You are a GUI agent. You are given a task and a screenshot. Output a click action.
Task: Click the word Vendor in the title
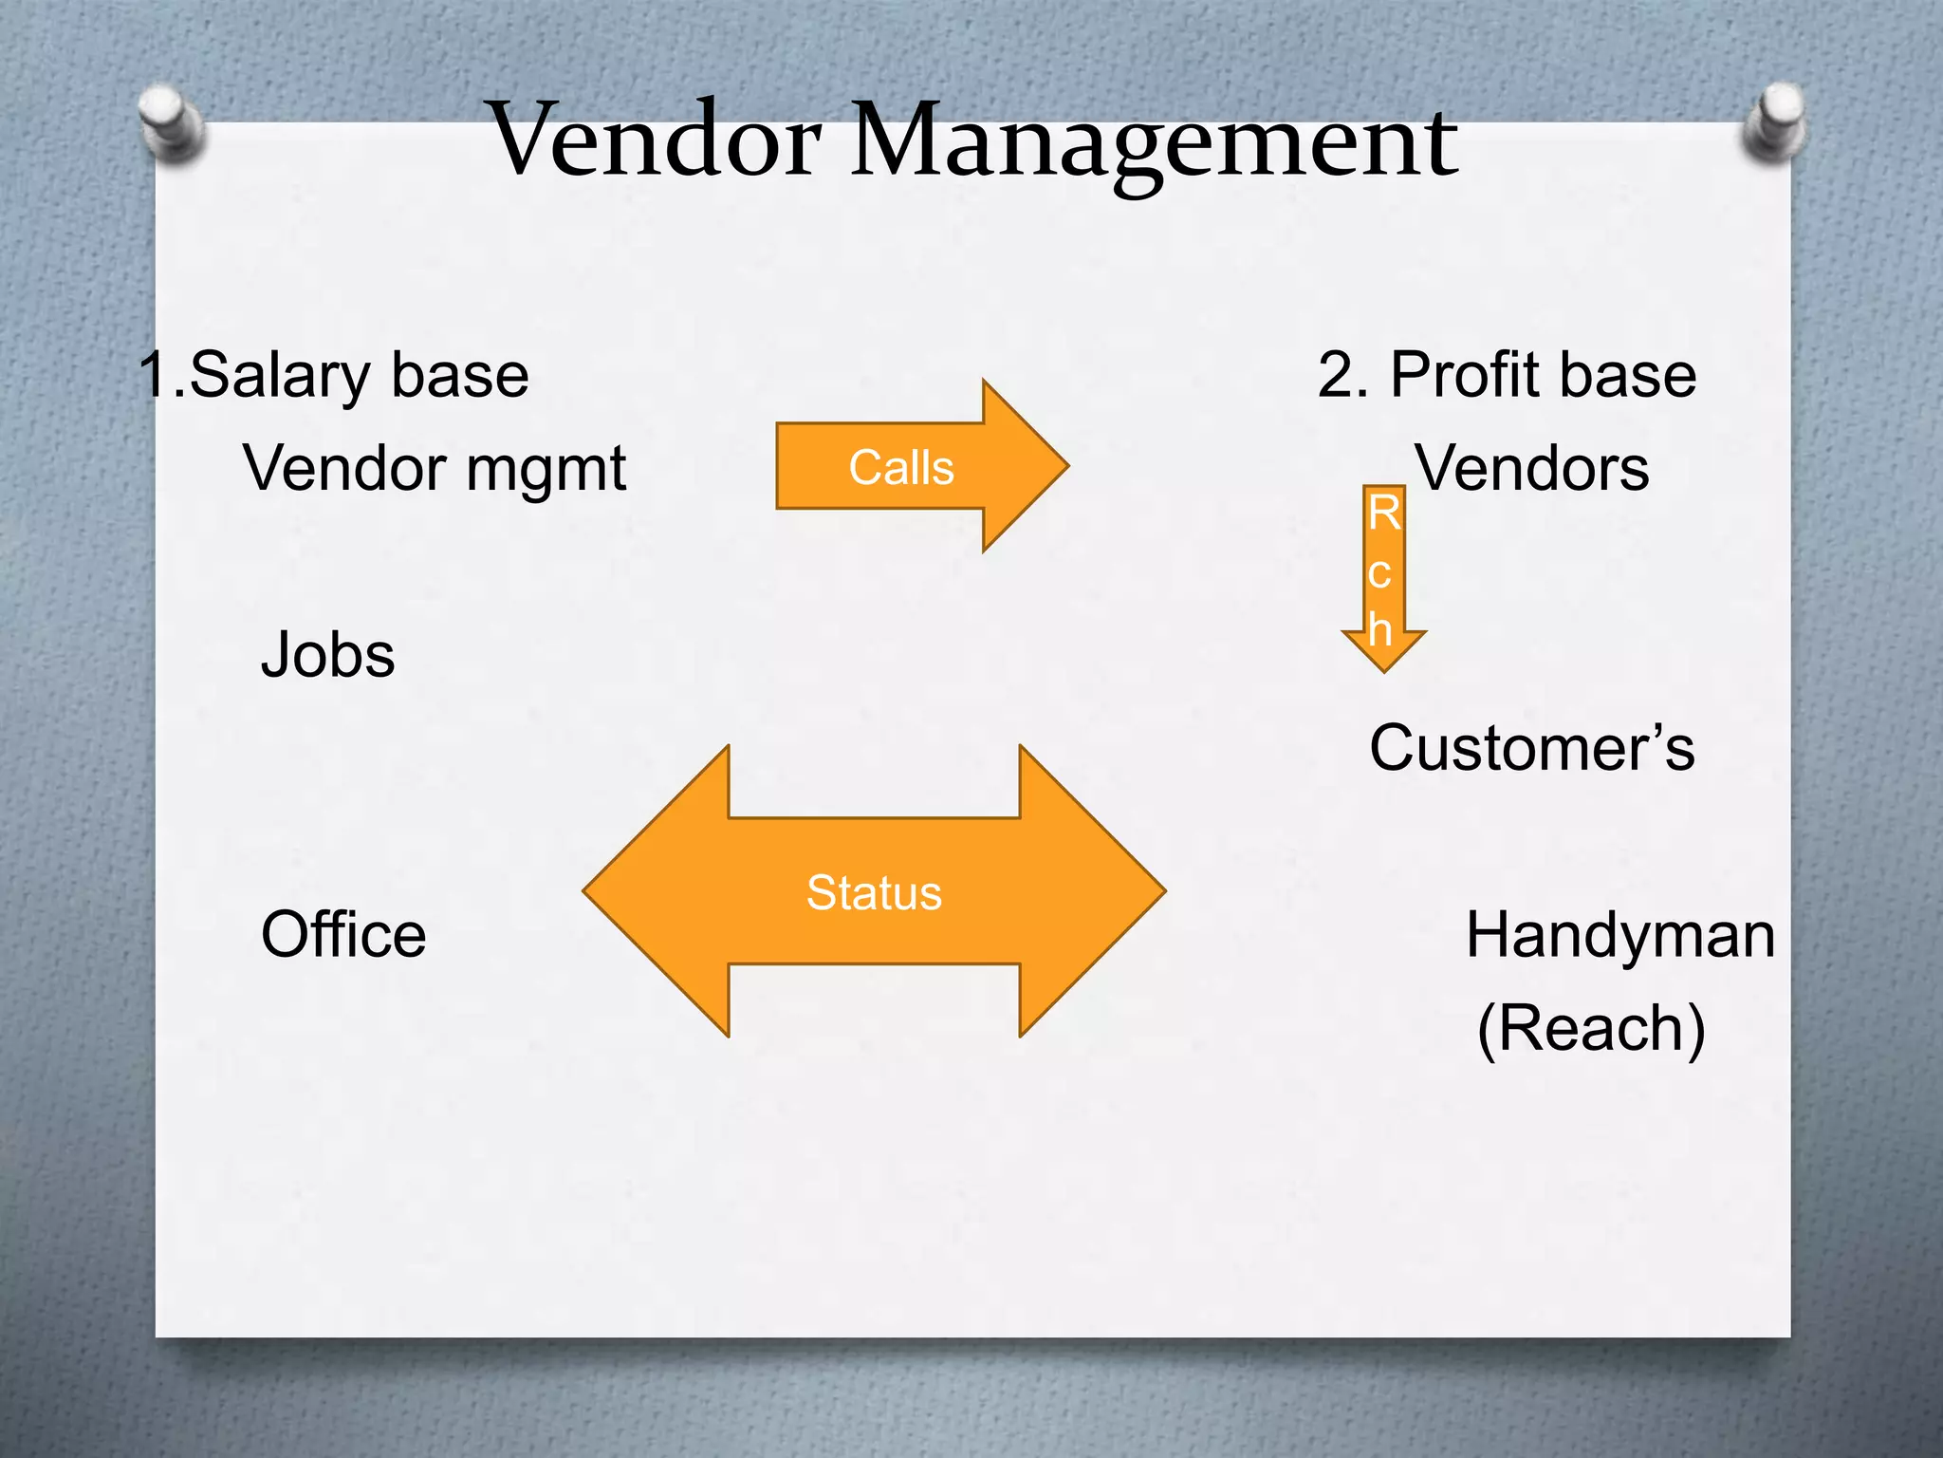(655, 140)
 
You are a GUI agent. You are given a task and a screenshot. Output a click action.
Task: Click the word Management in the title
(1153, 142)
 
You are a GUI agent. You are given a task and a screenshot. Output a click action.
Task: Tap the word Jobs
(327, 655)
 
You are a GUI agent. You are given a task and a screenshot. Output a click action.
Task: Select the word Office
(343, 935)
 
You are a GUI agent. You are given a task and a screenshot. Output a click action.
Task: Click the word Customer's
(1531, 748)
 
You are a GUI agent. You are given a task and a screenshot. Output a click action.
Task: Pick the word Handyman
(1619, 935)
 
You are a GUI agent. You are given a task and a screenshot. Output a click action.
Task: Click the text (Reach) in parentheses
(1591, 1029)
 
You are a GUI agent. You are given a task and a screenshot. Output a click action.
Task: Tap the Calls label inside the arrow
(900, 468)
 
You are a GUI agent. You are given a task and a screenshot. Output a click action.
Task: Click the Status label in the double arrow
(874, 893)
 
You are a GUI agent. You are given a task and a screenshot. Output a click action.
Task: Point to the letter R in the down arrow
(1383, 514)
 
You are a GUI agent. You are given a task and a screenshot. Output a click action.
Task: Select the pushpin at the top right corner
(1774, 121)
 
